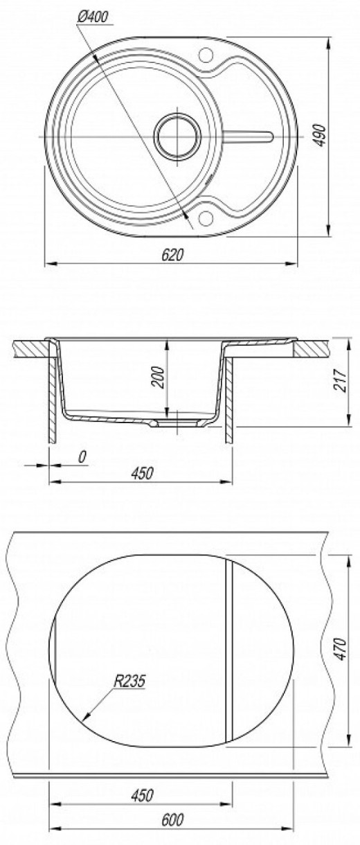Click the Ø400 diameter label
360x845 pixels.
point(92,17)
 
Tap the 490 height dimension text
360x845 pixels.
point(319,135)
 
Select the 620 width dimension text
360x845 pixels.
point(172,256)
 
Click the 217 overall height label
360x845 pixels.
point(340,380)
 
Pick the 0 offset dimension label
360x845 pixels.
point(82,457)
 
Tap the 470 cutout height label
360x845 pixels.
point(341,649)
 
